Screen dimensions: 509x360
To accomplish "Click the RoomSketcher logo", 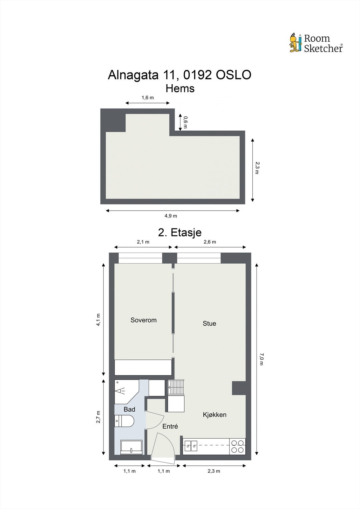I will point(316,43).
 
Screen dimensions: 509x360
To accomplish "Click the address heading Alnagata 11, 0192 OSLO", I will point(180,75).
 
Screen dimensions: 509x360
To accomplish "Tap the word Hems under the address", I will point(180,88).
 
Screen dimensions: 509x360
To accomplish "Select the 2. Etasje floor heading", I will point(180,233).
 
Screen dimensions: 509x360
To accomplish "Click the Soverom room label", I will point(144,320).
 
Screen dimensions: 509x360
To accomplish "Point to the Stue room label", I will point(209,324).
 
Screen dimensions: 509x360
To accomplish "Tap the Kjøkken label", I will point(215,415).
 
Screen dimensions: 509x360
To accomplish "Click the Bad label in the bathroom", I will point(129,409).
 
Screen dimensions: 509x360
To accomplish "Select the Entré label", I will point(170,427).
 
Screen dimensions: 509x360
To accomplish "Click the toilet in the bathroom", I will point(124,421).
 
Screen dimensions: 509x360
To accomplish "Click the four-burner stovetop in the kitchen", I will point(237,446).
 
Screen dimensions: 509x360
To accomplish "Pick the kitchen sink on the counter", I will point(191,446).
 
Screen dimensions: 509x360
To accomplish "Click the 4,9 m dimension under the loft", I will point(171,216).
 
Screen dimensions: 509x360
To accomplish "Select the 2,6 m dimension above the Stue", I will point(209,242).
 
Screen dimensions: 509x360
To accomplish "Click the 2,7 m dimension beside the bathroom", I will point(98,417).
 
